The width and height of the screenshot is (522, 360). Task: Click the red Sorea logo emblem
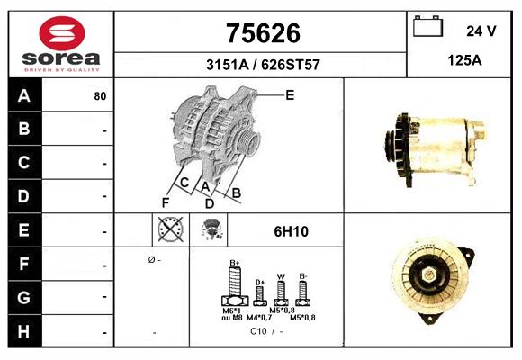point(62,33)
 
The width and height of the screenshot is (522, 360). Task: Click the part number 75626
point(263,33)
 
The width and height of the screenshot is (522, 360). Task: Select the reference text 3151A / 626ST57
point(263,65)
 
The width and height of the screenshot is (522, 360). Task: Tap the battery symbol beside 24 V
point(428,26)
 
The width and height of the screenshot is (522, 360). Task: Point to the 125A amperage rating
point(464,60)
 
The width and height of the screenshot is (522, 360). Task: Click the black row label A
point(24,96)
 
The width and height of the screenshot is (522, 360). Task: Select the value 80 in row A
point(100,96)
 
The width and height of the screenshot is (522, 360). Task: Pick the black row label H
point(24,331)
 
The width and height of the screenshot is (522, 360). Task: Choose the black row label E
point(24,230)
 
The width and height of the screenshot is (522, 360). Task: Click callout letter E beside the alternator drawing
point(290,95)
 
